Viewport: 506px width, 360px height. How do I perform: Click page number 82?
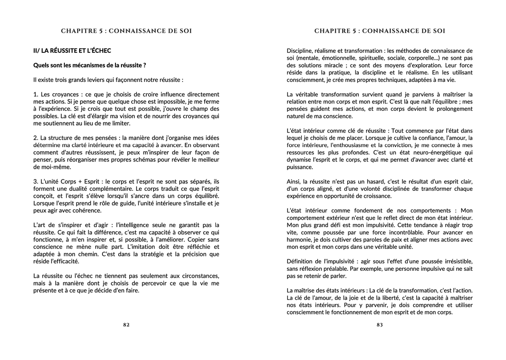[x=126, y=325]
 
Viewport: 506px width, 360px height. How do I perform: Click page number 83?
[x=379, y=325]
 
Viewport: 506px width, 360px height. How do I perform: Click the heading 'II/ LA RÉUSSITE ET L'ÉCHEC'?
[x=72, y=50]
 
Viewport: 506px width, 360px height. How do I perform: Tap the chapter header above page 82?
[x=126, y=31]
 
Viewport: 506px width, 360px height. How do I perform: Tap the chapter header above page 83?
[x=379, y=31]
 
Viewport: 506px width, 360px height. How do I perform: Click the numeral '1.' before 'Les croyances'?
[x=36, y=94]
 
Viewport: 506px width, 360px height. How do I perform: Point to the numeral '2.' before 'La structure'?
[x=36, y=137]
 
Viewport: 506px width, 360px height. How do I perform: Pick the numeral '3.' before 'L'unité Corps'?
[x=36, y=182]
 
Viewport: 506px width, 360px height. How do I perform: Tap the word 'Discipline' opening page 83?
[x=299, y=50]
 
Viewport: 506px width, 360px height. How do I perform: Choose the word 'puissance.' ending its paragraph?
[x=299, y=167]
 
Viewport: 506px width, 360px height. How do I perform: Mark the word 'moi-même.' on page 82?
[x=47, y=167]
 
